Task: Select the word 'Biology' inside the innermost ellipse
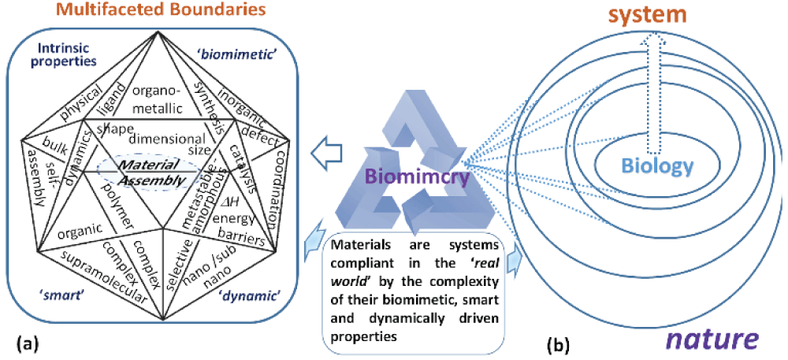[x=656, y=166]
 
